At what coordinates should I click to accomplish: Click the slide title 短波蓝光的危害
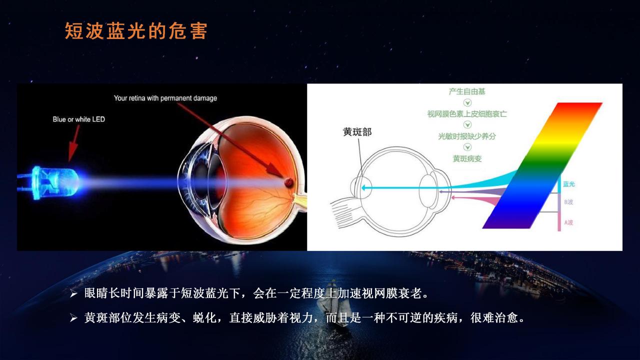(x=136, y=31)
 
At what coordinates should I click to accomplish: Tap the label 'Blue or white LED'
(x=79, y=119)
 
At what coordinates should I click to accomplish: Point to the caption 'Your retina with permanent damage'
(x=165, y=98)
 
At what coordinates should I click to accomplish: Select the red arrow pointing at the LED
(x=73, y=143)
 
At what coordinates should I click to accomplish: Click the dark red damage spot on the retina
(x=288, y=182)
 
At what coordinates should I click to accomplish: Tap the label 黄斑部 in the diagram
(x=357, y=132)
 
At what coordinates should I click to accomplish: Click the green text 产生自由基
(x=467, y=91)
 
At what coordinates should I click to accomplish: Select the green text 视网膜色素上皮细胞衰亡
(x=467, y=114)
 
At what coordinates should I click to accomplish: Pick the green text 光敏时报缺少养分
(x=467, y=136)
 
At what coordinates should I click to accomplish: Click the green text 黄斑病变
(x=467, y=158)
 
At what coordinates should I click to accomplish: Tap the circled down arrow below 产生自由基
(x=467, y=102)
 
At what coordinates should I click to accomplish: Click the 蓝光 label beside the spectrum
(x=569, y=184)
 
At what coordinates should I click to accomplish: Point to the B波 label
(x=568, y=202)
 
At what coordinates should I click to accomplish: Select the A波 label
(x=568, y=222)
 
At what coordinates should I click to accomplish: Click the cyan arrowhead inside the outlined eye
(x=363, y=187)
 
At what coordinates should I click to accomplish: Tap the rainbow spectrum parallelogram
(x=542, y=165)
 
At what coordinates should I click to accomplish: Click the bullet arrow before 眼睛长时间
(x=73, y=293)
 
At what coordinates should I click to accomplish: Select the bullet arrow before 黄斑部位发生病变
(x=73, y=318)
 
